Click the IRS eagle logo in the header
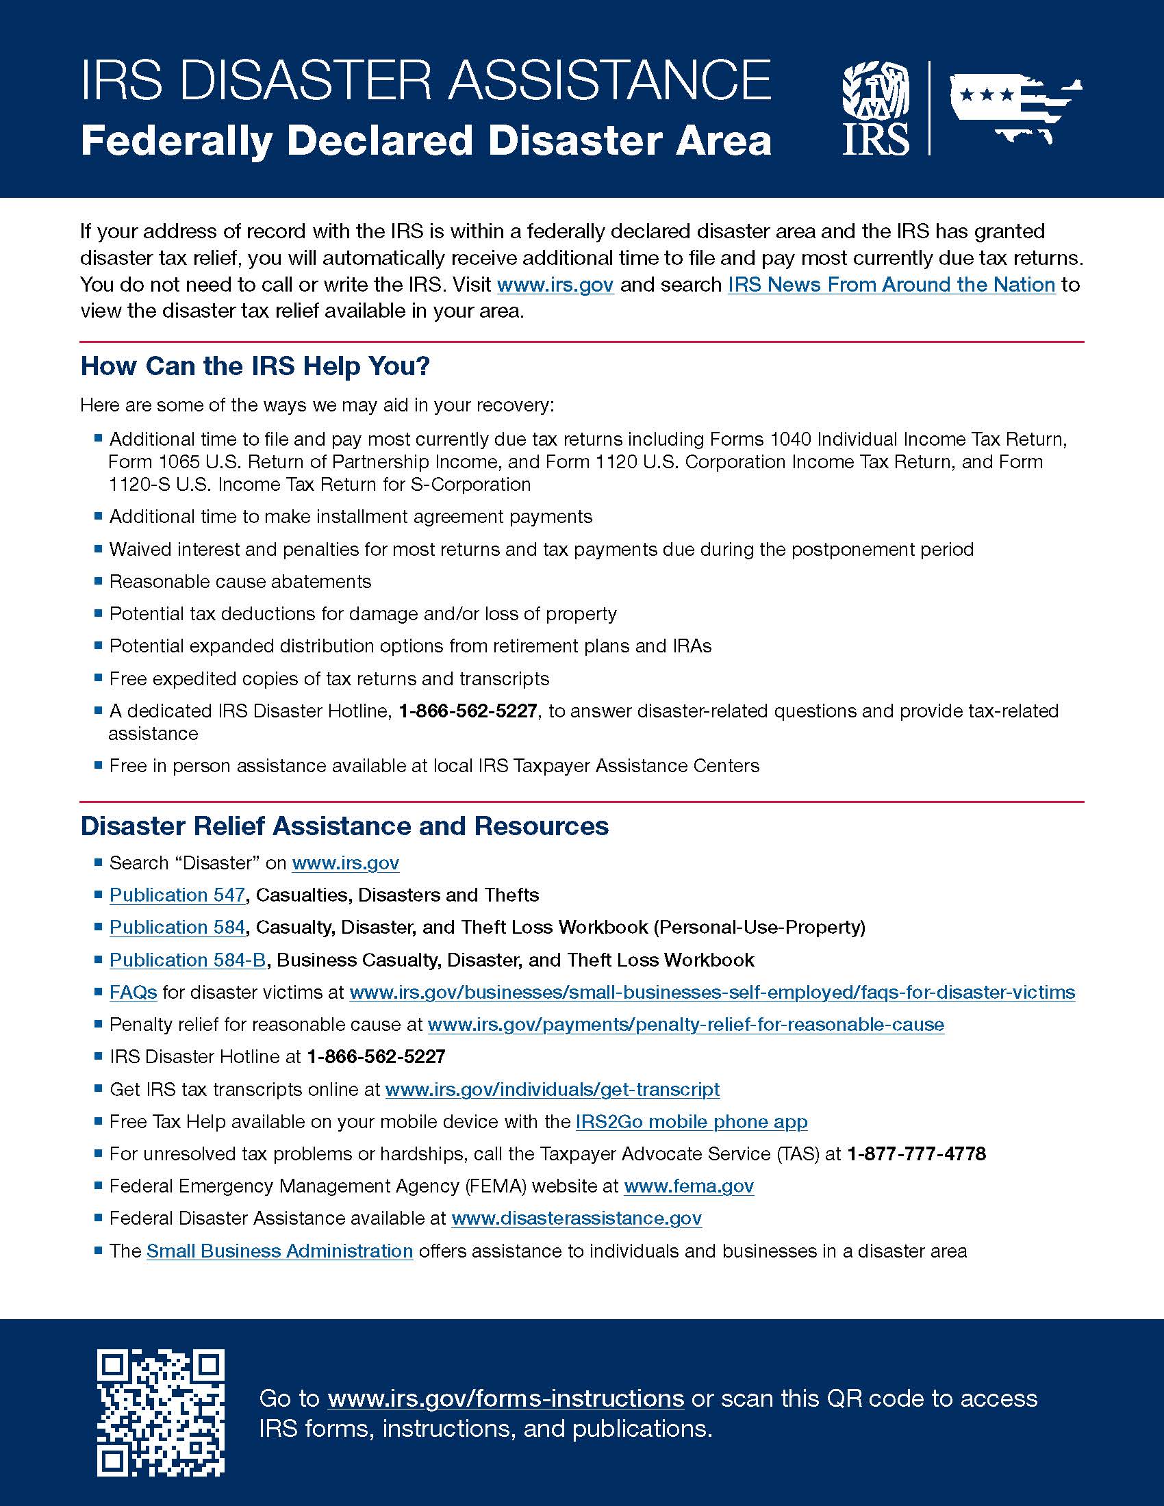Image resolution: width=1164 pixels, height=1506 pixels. tap(876, 108)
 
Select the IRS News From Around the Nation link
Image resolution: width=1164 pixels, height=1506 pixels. tap(891, 285)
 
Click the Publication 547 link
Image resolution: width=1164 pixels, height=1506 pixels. tap(177, 895)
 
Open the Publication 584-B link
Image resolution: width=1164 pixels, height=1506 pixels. tap(188, 960)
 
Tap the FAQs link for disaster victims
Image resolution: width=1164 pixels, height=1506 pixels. tap(133, 993)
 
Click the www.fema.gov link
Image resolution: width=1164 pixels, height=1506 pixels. tap(688, 1186)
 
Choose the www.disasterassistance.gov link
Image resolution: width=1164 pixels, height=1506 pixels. tap(577, 1218)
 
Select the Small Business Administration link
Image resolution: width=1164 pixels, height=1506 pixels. tap(279, 1251)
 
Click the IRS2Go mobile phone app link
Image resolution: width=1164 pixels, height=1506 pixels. tap(691, 1122)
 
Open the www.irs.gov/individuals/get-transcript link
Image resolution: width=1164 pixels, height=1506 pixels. tap(553, 1090)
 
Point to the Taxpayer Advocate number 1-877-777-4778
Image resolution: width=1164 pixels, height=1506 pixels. tap(915, 1153)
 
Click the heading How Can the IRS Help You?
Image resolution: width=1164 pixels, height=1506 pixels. tap(255, 366)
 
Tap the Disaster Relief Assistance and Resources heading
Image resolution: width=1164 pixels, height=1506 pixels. tap(344, 826)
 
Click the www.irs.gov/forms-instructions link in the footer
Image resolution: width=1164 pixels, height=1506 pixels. tap(505, 1399)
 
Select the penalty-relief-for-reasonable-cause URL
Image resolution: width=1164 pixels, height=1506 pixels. tap(685, 1025)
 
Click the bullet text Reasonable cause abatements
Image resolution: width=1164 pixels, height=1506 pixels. tap(240, 582)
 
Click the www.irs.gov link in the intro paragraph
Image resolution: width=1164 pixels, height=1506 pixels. tap(555, 285)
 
